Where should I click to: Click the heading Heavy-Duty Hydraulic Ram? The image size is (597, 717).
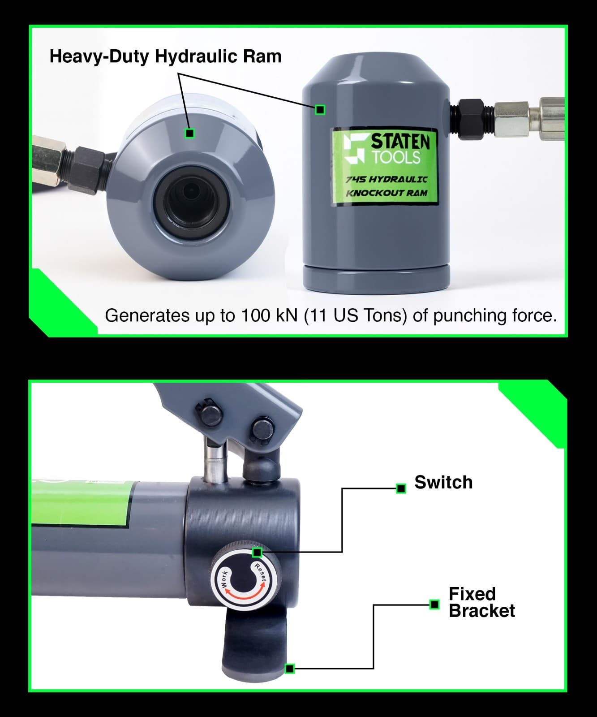(x=165, y=57)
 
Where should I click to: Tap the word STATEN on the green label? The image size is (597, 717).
(x=400, y=142)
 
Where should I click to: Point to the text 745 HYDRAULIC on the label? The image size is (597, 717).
(x=386, y=179)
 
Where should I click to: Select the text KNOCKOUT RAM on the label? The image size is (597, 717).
(x=386, y=193)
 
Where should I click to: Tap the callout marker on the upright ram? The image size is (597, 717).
(x=320, y=109)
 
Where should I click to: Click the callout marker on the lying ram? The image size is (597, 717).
(x=189, y=133)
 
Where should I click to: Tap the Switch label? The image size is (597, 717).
(x=443, y=483)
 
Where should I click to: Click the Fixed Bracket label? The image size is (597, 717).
(x=481, y=602)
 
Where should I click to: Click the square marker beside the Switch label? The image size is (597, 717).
(x=401, y=488)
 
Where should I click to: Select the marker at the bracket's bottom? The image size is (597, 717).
(x=290, y=669)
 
